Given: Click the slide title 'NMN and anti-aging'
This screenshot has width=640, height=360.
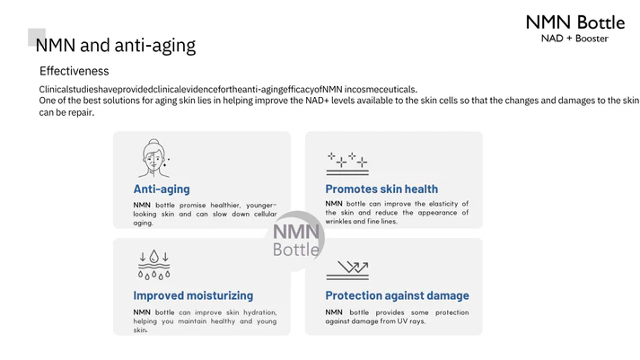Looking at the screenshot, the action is tap(116, 45).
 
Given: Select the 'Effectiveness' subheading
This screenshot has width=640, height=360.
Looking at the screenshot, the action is tap(74, 71).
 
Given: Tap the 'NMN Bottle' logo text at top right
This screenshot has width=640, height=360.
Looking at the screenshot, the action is tap(575, 22).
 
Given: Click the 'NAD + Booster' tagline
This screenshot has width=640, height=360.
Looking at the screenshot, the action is tap(574, 39).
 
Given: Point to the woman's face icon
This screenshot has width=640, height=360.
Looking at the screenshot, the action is tap(153, 158).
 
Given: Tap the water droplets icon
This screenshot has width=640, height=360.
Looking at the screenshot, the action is tap(153, 265).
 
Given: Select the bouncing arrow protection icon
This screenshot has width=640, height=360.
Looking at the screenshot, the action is tap(347, 270).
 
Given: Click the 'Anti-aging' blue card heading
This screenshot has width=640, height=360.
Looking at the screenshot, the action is tap(162, 189).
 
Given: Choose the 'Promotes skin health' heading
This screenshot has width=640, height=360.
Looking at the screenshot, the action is tap(381, 189).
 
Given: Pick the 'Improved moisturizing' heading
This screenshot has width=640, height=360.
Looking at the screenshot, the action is tap(193, 295).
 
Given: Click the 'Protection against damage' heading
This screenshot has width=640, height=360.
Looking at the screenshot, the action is tap(397, 295).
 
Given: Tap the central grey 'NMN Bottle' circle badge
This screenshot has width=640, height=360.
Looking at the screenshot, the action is tap(295, 241).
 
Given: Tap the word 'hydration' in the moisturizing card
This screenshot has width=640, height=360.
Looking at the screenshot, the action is tap(260, 312).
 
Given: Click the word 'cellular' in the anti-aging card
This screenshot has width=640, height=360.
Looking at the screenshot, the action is tap(266, 214).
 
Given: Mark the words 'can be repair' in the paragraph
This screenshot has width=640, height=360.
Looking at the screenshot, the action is tap(66, 112).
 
